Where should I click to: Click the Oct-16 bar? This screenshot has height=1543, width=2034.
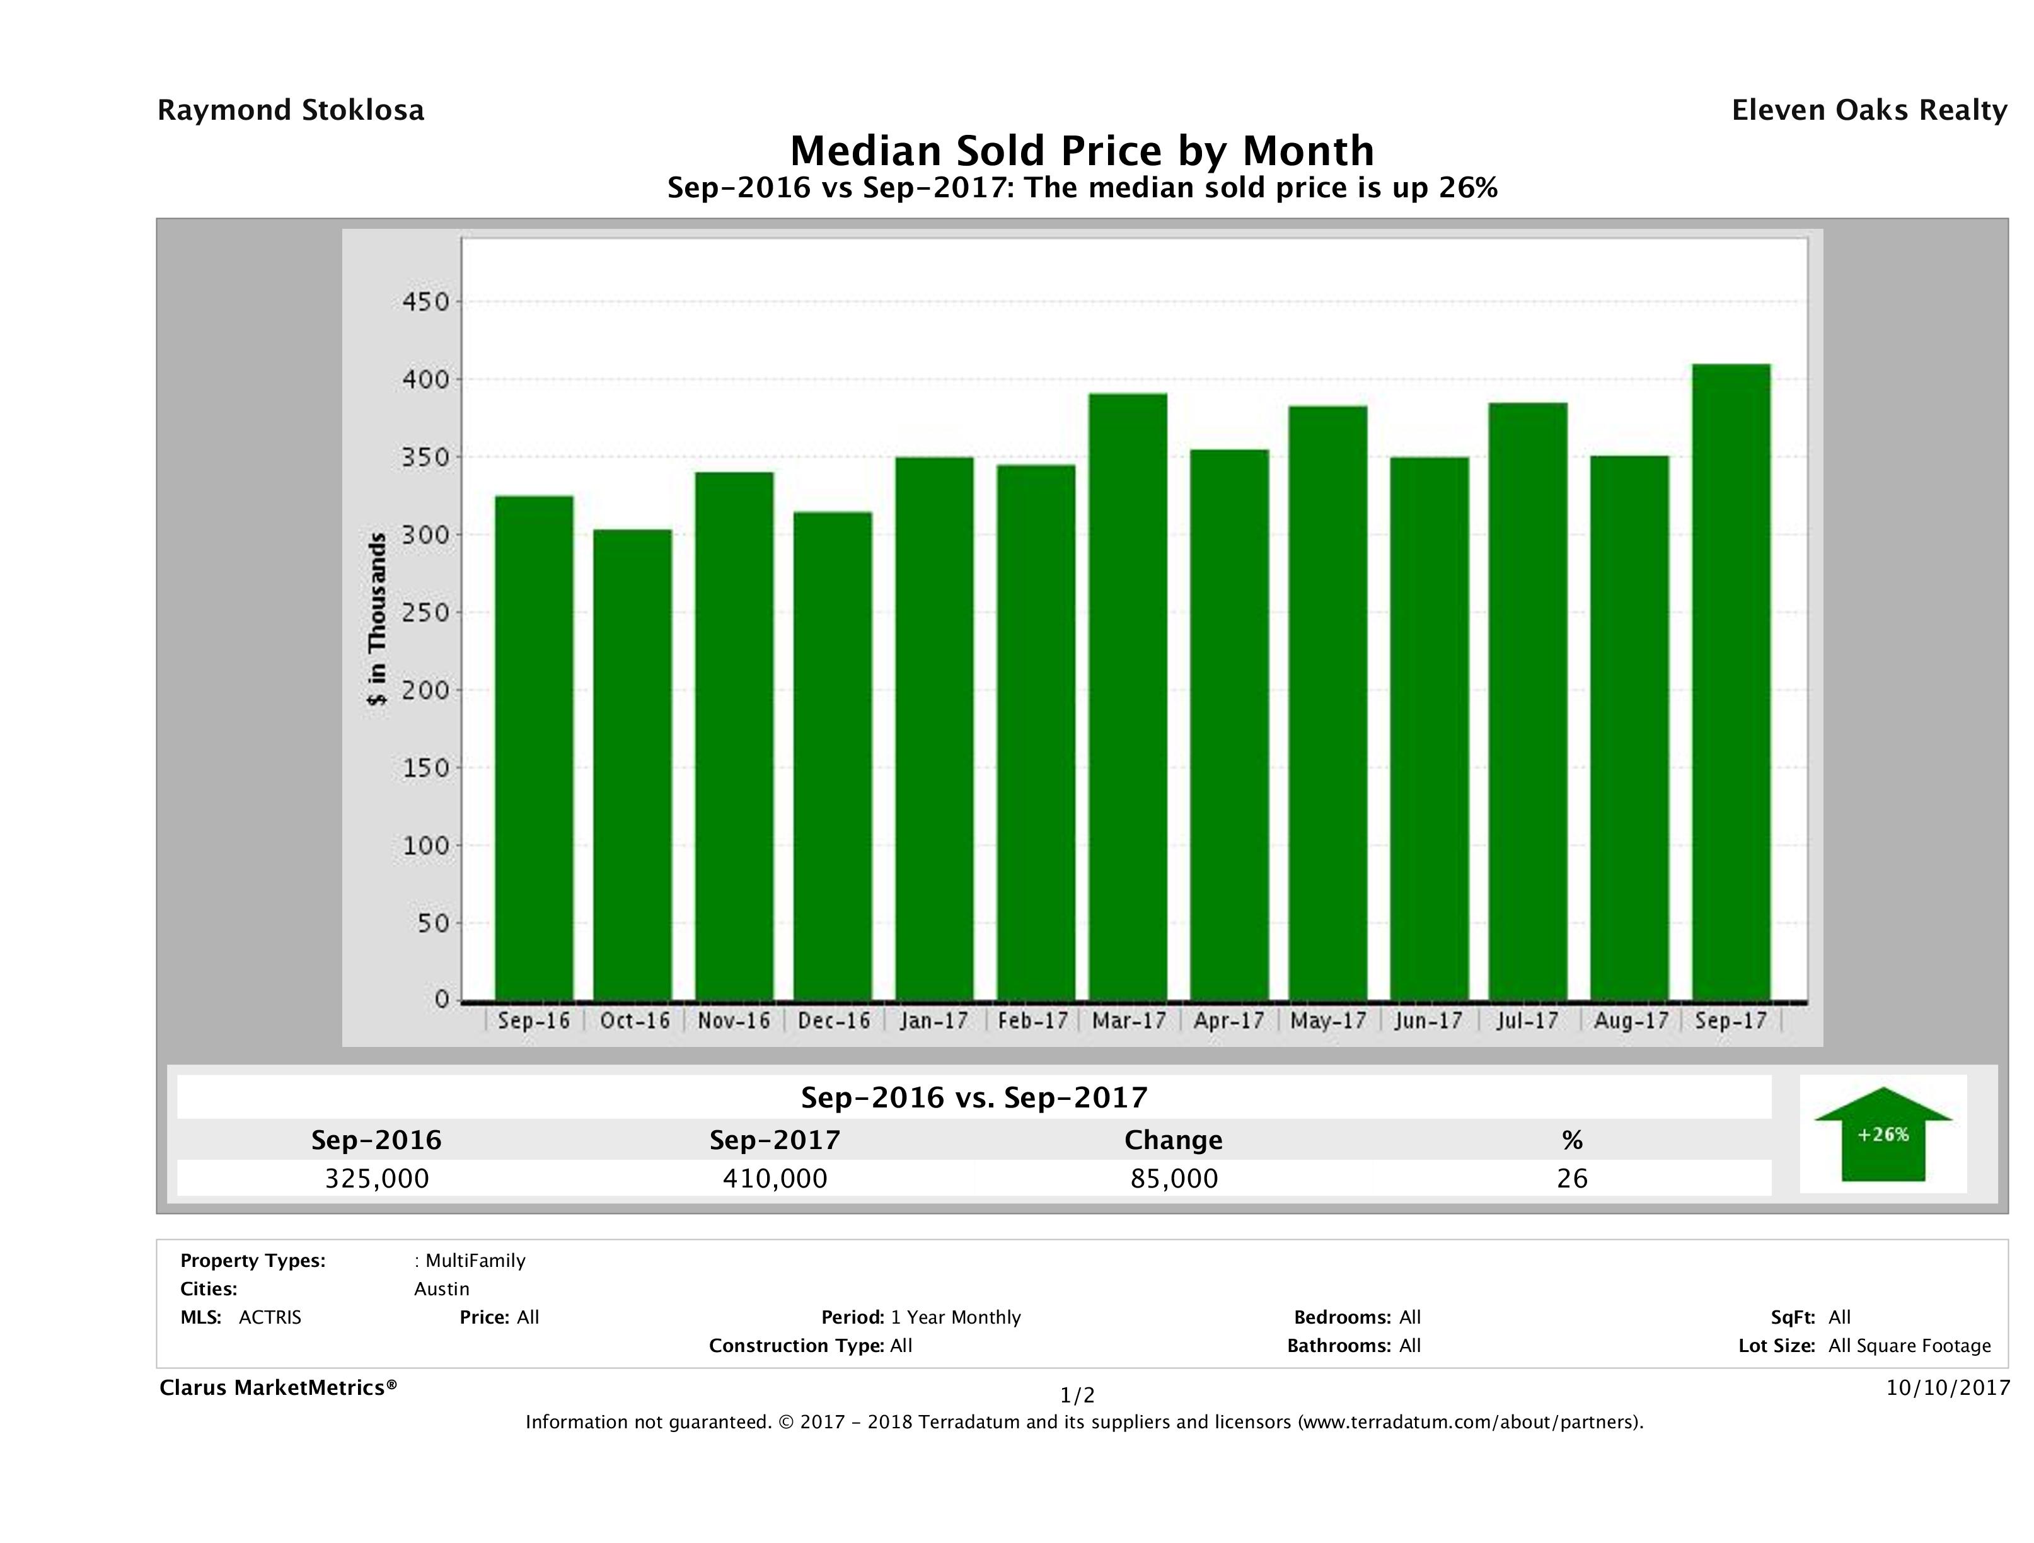pos(633,764)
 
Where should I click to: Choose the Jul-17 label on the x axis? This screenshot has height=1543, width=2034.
pos(1527,1020)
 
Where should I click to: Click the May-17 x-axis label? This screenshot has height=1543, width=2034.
pos(1328,1020)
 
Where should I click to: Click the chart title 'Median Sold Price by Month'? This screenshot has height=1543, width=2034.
pos(1082,151)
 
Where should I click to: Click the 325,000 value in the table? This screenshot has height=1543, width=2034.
pos(377,1178)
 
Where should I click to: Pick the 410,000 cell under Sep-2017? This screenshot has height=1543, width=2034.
pos(775,1178)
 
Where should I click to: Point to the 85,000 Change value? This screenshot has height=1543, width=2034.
pos(1174,1178)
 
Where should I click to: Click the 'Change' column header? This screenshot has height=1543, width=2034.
pos(1174,1140)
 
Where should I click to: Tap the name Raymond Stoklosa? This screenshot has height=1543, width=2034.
pos(291,110)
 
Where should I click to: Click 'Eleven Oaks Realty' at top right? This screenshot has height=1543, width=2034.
pos(1868,110)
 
